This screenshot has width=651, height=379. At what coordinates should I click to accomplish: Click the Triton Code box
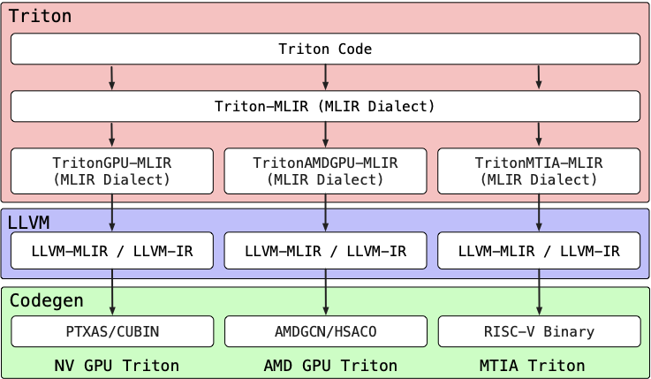click(325, 49)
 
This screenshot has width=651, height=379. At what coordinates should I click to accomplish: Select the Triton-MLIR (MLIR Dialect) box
click(325, 106)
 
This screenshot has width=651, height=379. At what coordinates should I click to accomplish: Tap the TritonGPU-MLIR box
click(112, 171)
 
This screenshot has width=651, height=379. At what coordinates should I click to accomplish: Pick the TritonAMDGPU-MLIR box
click(325, 171)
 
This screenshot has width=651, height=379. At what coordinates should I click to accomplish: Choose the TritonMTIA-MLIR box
click(539, 171)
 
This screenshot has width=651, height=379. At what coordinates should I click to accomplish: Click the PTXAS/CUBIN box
click(112, 331)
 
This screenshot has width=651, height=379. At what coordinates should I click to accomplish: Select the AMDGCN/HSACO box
click(325, 331)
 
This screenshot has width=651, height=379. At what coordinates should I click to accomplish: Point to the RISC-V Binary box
click(539, 331)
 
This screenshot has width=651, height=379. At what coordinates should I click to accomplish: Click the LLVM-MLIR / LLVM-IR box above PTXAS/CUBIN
click(112, 251)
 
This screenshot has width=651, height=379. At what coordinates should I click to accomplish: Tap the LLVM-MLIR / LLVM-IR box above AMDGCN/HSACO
click(325, 251)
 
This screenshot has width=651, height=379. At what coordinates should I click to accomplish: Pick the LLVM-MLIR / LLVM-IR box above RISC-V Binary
click(539, 251)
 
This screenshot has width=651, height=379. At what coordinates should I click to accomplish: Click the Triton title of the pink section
click(40, 16)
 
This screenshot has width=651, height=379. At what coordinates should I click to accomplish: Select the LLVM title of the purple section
click(28, 222)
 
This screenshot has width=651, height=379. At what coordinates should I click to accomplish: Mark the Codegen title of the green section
click(46, 300)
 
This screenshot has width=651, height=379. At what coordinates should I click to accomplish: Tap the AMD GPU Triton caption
click(330, 365)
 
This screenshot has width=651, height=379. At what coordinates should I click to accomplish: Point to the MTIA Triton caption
click(532, 365)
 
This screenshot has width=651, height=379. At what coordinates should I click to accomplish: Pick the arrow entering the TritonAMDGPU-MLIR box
click(325, 134)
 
